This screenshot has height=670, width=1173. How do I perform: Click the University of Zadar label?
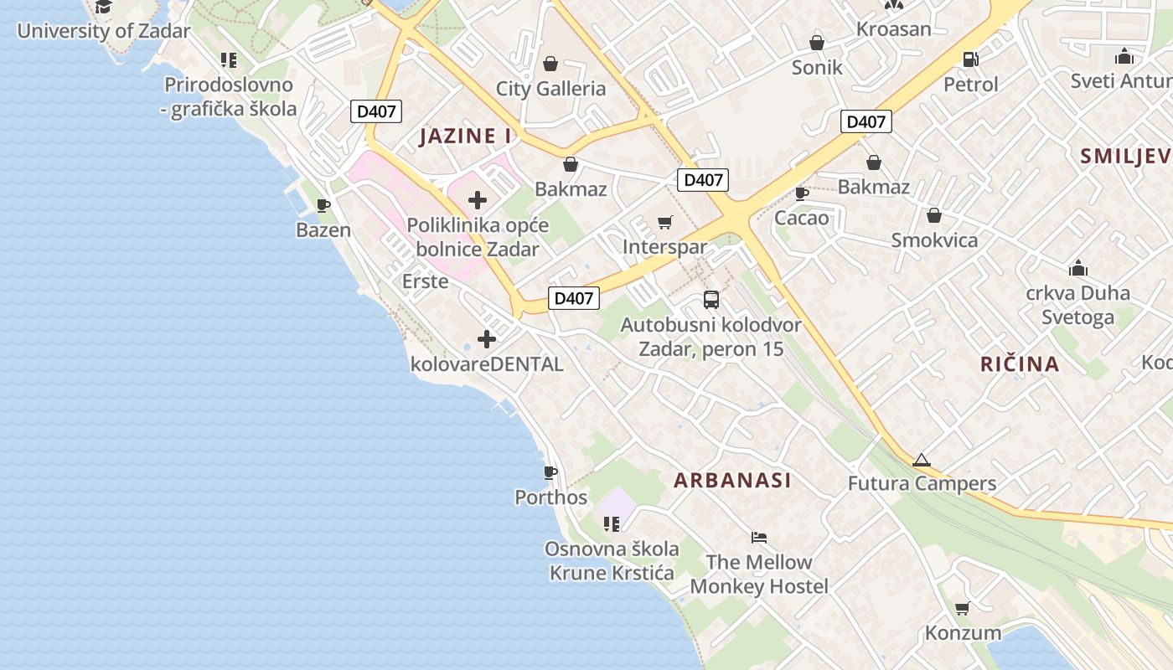(x=104, y=32)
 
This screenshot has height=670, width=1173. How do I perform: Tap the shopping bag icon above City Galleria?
(x=550, y=64)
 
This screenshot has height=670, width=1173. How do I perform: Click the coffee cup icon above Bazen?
(x=323, y=205)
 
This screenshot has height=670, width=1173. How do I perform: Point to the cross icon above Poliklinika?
(x=478, y=200)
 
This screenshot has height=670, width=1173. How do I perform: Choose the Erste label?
(x=425, y=281)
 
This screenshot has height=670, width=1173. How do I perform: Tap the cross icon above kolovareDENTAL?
(x=487, y=339)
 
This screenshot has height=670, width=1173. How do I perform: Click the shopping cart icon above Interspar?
(x=665, y=223)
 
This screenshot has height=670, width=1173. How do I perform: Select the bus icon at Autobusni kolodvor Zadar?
(x=711, y=300)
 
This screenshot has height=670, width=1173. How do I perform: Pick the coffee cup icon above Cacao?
(x=802, y=194)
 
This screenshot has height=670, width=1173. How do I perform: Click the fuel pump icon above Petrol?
(x=970, y=59)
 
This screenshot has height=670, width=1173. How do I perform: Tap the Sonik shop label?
(x=817, y=67)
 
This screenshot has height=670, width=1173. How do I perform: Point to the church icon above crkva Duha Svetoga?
(x=1078, y=269)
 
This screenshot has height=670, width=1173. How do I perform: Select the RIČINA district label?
(x=1020, y=364)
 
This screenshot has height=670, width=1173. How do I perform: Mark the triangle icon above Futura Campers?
(x=922, y=460)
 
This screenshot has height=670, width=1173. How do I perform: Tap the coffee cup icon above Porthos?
(x=550, y=473)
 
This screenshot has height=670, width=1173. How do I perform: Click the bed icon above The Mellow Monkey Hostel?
(x=759, y=538)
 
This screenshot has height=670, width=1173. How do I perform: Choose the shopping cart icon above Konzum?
(x=963, y=609)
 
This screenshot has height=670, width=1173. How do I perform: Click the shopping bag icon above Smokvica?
(x=934, y=216)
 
